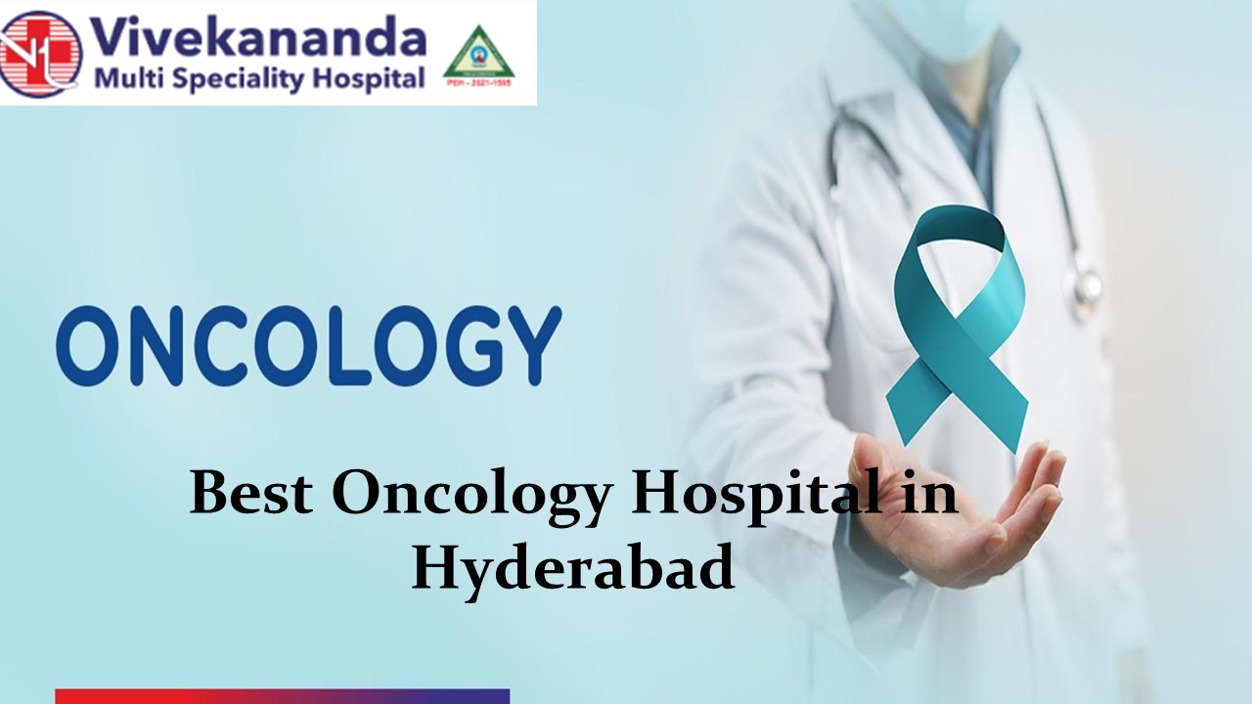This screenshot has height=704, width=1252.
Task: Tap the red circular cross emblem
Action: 40,53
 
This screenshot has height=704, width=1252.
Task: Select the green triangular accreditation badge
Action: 478,57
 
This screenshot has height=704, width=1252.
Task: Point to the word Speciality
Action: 235,79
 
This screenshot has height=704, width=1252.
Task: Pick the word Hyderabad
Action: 572,568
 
